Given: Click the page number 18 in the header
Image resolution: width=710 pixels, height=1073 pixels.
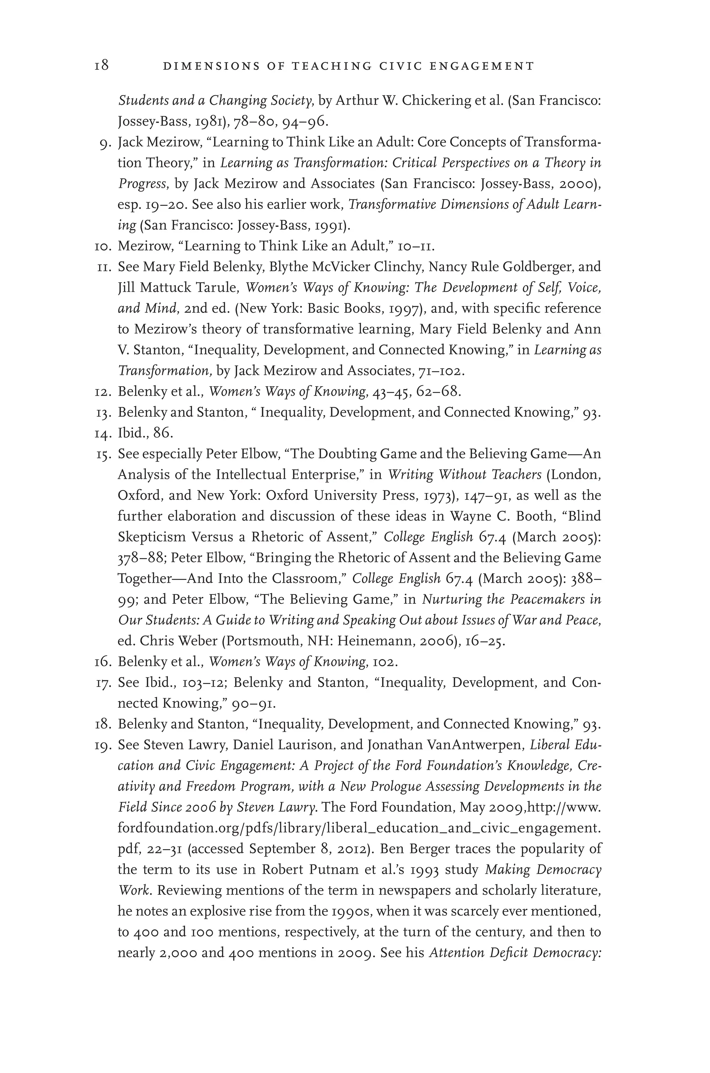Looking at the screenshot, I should coord(102,66).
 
